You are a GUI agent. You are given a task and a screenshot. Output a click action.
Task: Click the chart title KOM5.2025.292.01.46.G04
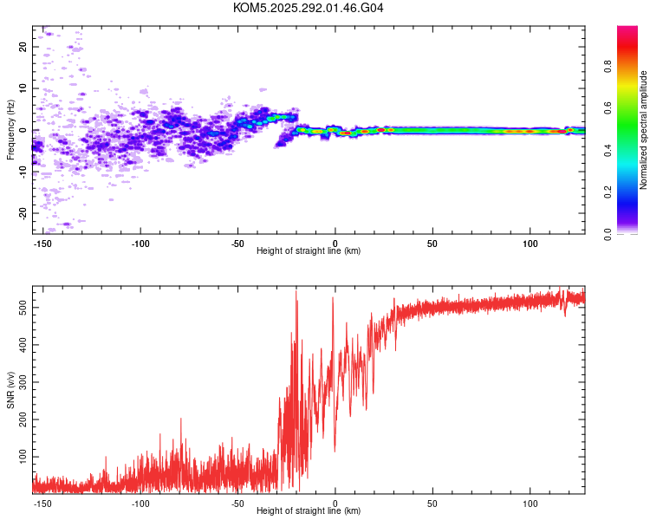tap(309, 8)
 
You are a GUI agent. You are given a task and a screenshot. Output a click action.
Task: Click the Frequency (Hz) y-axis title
tap(10, 130)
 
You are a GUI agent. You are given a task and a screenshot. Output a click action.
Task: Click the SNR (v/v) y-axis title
tap(10, 390)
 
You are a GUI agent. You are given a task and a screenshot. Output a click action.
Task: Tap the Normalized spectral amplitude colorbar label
tap(644, 130)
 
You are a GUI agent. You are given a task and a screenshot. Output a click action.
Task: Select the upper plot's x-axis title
tap(309, 250)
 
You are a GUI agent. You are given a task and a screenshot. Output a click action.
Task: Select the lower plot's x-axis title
tap(309, 511)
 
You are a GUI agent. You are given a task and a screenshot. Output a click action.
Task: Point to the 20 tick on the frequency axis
tap(23, 47)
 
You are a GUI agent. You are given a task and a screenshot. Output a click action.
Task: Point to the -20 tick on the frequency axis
tap(23, 213)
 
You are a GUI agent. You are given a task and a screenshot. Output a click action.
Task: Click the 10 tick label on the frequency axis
tap(23, 88)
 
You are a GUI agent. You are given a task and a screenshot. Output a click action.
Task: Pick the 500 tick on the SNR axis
tap(23, 309)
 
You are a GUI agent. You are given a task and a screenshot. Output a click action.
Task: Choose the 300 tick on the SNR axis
tap(23, 382)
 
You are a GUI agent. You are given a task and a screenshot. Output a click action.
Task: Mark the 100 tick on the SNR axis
tap(23, 455)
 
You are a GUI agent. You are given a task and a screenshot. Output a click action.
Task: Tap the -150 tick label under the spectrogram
tap(43, 242)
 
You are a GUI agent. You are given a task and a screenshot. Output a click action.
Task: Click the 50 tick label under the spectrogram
tap(432, 242)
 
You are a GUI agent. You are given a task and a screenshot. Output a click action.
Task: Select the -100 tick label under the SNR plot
tap(140, 503)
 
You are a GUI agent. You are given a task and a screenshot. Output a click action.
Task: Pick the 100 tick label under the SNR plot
tap(530, 503)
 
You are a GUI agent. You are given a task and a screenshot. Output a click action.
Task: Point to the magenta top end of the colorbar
tap(627, 30)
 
